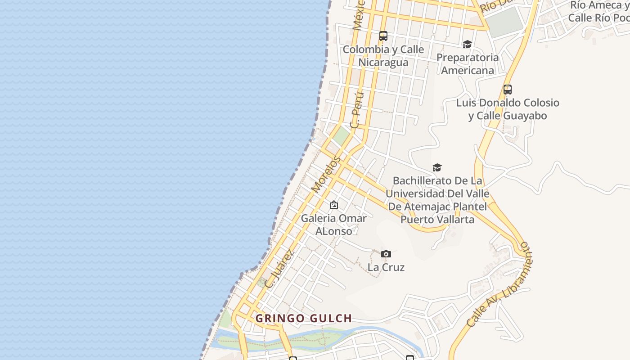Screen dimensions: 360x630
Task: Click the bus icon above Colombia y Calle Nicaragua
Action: (x=383, y=36)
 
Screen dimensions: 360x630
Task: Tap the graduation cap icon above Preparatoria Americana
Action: (x=467, y=44)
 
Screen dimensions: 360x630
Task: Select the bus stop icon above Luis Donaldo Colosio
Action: (x=508, y=89)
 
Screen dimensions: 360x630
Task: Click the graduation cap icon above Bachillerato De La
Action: (x=437, y=167)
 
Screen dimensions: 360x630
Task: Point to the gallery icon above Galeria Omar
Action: (x=334, y=205)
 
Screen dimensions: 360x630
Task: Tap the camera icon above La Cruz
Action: (x=386, y=254)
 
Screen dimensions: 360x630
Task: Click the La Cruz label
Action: (x=386, y=267)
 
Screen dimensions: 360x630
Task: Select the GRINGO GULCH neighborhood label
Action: (x=304, y=319)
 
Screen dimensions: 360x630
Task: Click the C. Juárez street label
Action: (x=279, y=269)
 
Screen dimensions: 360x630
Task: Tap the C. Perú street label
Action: (x=357, y=110)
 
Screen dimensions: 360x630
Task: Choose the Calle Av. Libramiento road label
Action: (x=499, y=284)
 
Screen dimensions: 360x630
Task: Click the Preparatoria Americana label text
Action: (x=468, y=64)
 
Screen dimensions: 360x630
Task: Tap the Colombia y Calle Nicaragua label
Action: (x=383, y=56)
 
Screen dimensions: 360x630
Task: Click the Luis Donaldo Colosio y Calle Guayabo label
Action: (x=508, y=109)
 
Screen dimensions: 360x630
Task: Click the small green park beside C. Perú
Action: (x=342, y=135)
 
